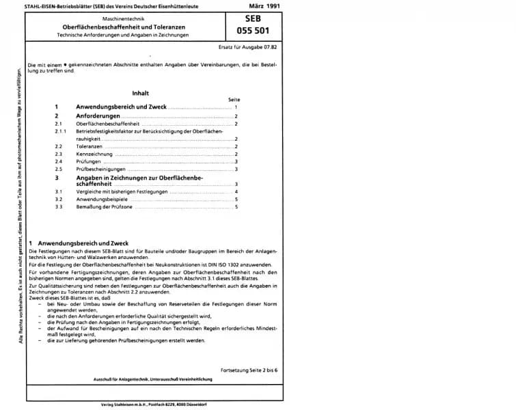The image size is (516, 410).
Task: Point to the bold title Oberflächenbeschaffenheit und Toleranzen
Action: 133,25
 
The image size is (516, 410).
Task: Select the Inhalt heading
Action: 141,92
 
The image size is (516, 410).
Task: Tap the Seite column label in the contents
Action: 234,100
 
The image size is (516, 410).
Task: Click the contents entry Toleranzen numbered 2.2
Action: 90,146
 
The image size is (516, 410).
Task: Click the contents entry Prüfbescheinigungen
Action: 101,169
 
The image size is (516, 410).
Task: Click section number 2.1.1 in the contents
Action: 61,130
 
